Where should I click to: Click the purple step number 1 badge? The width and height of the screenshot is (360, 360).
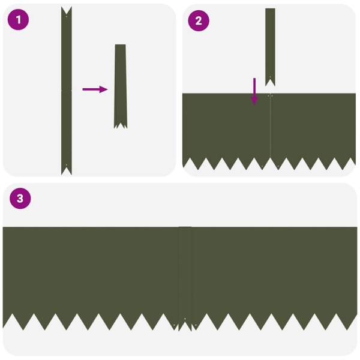tap(18, 20)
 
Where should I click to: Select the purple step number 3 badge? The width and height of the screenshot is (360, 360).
tap(20, 199)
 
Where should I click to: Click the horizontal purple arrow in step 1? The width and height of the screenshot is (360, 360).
tap(94, 89)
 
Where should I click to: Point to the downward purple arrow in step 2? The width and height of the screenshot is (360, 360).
tap(254, 91)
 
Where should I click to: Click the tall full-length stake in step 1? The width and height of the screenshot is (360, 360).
tap(66, 90)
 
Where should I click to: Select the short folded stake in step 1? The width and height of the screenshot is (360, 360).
tap(121, 84)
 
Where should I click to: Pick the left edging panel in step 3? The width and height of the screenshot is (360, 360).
tap(90, 270)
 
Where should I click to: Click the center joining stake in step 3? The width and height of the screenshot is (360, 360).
tap(185, 276)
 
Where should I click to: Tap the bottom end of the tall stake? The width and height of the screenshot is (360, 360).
tap(66, 170)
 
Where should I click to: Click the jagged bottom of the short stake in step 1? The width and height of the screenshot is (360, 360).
tap(121, 125)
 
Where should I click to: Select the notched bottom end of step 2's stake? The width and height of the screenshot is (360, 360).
tap(270, 82)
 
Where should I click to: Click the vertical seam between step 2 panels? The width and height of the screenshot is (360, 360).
tap(270, 129)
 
